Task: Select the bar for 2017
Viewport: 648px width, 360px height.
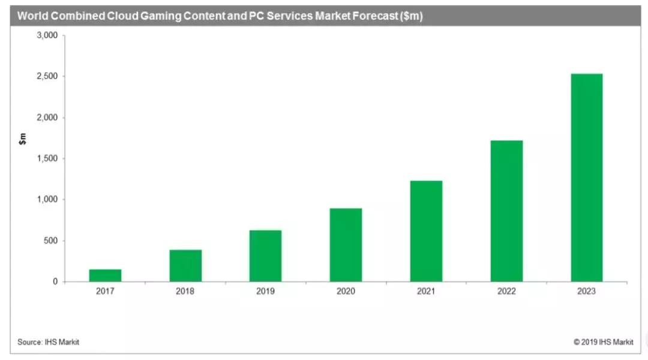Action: point(105,275)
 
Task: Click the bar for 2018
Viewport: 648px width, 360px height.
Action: point(185,266)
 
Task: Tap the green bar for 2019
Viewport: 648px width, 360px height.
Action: point(265,256)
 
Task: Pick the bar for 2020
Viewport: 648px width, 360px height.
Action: point(346,245)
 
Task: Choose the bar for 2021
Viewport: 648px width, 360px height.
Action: point(426,231)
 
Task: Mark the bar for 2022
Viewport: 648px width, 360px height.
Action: point(506,211)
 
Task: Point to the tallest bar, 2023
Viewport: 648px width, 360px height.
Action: point(586,178)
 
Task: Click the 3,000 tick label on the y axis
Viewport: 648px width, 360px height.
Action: point(47,35)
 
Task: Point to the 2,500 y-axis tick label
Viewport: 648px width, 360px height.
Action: point(47,77)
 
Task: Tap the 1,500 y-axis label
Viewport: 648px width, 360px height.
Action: point(47,158)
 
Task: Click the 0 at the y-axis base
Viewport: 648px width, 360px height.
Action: point(55,281)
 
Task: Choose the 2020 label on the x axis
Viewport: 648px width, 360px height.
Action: point(346,292)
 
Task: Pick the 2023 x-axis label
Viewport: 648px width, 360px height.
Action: point(586,292)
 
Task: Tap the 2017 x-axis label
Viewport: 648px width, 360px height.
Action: point(105,292)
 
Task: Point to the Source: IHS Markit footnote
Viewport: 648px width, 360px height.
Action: point(48,342)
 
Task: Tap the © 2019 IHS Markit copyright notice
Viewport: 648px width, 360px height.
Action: point(602,342)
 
